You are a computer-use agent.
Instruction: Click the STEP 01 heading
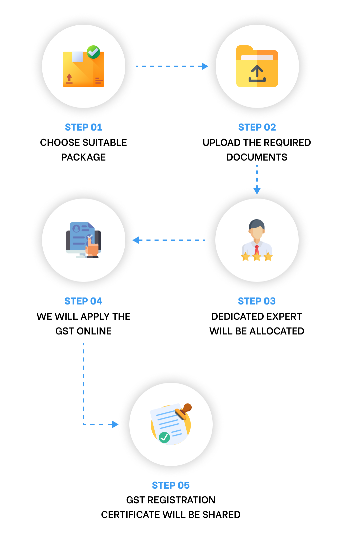pos(83,127)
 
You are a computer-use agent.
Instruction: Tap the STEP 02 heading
pos(257,127)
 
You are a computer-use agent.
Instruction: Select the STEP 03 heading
pos(257,301)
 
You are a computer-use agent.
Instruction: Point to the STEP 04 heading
pos(83,301)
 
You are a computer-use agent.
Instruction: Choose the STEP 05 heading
pos(171,485)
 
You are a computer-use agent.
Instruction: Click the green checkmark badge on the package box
pos(93,52)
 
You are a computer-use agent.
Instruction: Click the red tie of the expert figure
pos(257,250)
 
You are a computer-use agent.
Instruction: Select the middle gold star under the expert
pos(257,257)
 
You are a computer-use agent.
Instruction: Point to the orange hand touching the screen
pos(92,249)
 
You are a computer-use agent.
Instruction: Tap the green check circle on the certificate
pos(164,437)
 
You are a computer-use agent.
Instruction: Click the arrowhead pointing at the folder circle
pos(205,66)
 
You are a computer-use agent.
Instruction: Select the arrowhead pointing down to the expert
pos(257,191)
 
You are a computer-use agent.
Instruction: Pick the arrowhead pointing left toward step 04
pos(136,240)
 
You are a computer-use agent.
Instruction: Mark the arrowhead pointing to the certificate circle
pos(115,424)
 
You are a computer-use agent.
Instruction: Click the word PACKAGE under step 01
pos(83,157)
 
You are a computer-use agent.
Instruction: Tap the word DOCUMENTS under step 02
pos(257,157)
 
